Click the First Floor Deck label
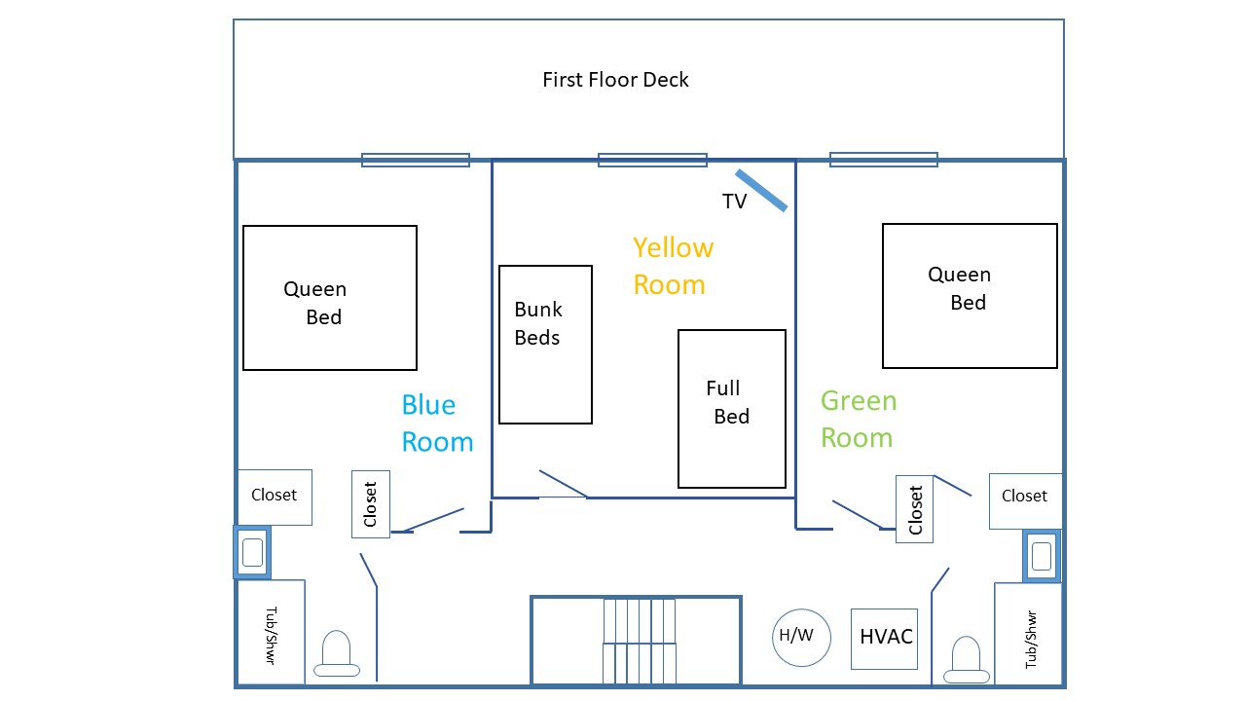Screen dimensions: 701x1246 pos(615,80)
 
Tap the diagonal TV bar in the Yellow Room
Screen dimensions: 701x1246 pos(760,190)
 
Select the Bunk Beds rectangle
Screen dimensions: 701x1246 pos(545,345)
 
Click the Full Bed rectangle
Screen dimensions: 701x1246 pos(731,408)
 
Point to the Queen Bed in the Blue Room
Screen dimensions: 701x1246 pos(329,298)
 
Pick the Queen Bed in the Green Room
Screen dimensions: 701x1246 pos(969,296)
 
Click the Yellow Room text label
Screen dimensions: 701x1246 pos(673,266)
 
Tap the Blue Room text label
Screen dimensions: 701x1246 pos(436,424)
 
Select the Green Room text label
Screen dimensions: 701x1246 pos(858,420)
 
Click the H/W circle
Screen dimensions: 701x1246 pos(801,638)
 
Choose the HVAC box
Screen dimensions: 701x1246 pos(885,639)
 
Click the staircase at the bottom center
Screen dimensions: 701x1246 pos(637,641)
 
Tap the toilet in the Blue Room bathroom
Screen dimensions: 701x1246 pos(336,654)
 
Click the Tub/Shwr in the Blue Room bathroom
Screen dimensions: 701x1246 pos(271,632)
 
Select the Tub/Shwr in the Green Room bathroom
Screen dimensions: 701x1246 pos(1028,634)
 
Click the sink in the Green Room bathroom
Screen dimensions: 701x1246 pos(1041,556)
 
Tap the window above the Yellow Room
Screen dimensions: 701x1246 pos(652,160)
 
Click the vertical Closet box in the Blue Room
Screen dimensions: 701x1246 pos(370,503)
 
